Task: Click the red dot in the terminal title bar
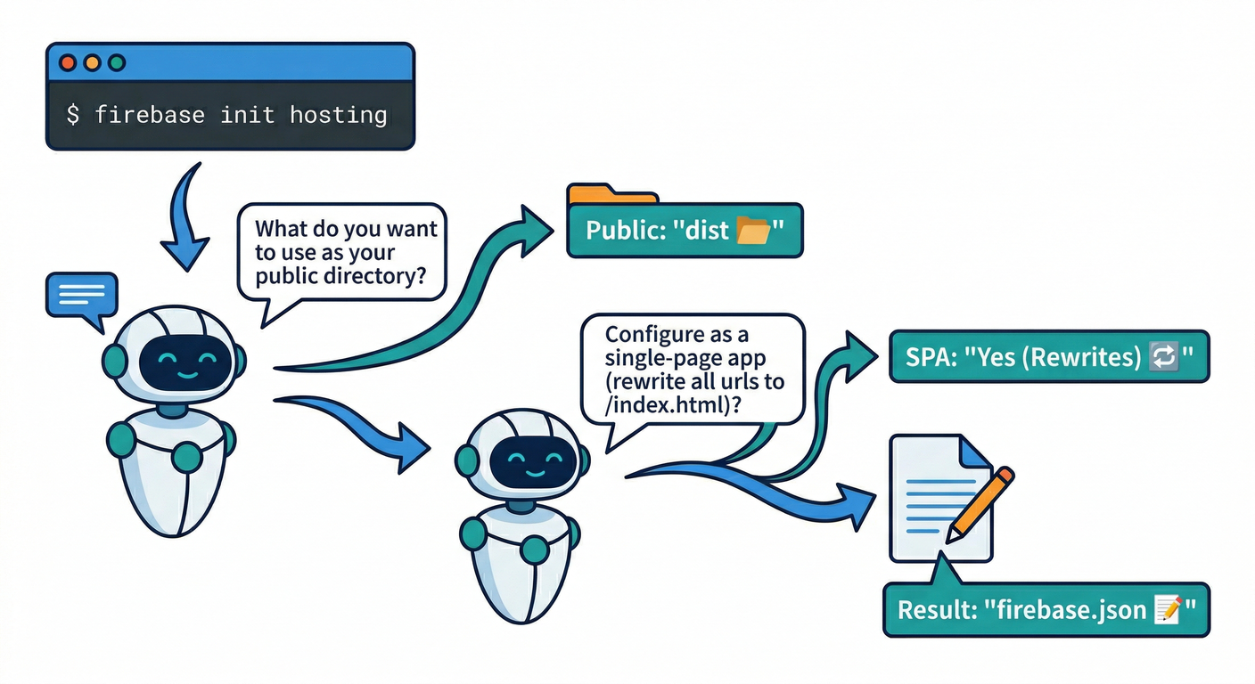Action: [67, 63]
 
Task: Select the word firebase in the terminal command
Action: [150, 115]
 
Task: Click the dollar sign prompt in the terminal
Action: [73, 115]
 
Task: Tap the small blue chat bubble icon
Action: [81, 295]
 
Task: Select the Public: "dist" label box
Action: [685, 231]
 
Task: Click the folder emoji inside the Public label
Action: [753, 231]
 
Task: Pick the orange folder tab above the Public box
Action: [611, 194]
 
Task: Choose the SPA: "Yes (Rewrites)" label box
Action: [1049, 357]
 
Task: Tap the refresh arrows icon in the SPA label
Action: [1166, 357]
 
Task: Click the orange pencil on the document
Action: [980, 504]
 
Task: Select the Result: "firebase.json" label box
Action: [1046, 610]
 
